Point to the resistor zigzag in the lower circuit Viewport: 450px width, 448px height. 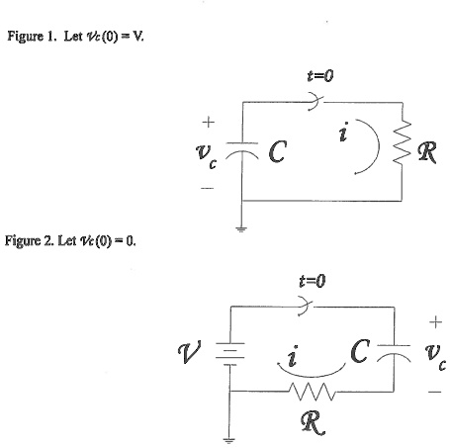click(x=311, y=393)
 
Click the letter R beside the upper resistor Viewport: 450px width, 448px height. click(x=430, y=152)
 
